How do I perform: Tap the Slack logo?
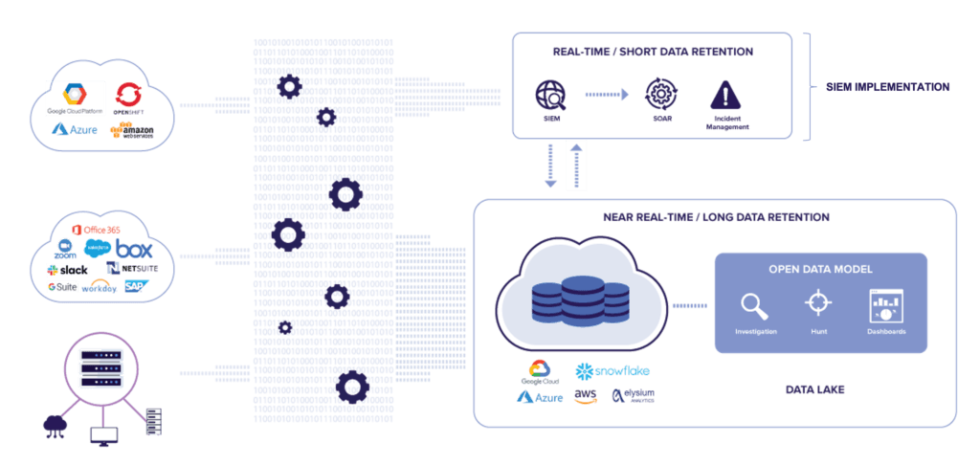tap(69, 270)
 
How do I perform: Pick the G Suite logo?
tap(63, 286)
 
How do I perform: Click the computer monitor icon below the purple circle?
tap(102, 436)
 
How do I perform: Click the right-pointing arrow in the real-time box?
tap(606, 94)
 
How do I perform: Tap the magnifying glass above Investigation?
tap(755, 305)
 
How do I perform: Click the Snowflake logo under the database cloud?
tap(609, 370)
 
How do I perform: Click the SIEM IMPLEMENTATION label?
tap(887, 87)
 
